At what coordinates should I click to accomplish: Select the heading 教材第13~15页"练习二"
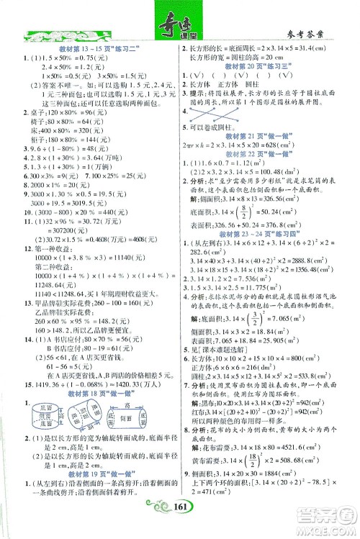click(93, 47)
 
